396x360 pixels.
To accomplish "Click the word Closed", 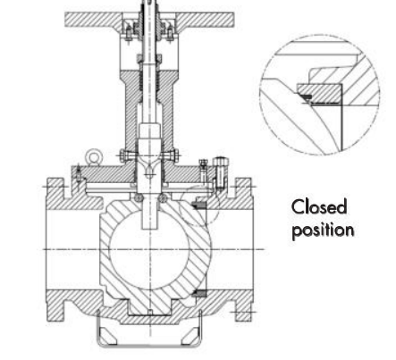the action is (x=319, y=206).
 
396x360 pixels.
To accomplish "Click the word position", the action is (x=323, y=230).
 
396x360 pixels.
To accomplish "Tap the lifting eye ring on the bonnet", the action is (x=94, y=156).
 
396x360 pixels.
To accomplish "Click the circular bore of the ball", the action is (x=149, y=249).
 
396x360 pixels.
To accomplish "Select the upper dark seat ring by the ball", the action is (x=198, y=205).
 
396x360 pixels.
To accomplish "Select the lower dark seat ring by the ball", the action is (x=198, y=293).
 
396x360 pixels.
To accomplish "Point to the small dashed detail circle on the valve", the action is (x=199, y=205).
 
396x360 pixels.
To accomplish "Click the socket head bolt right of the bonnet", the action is (x=220, y=173).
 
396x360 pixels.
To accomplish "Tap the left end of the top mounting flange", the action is (x=66, y=20).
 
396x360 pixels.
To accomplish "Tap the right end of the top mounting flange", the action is (x=233, y=20).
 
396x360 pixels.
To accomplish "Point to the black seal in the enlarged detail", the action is (x=307, y=96).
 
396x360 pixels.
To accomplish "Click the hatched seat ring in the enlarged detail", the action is (x=320, y=93).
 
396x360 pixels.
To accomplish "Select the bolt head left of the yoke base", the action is (x=124, y=155).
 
